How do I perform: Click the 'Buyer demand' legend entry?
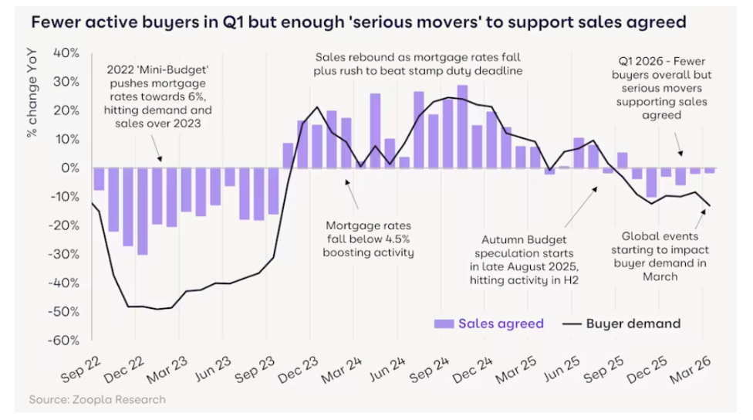(x=631, y=323)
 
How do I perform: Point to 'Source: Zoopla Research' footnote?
(x=97, y=399)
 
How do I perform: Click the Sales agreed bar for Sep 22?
(x=99, y=178)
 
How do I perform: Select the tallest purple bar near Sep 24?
(x=462, y=127)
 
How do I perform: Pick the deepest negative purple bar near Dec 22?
(x=142, y=211)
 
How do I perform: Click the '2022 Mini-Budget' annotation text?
(x=160, y=96)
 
